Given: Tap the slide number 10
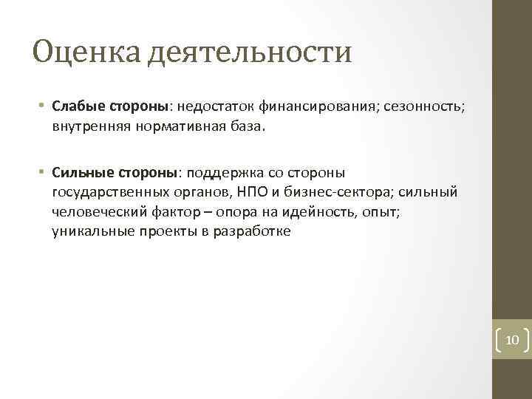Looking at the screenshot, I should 513,339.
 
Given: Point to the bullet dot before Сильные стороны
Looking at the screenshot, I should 44,173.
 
